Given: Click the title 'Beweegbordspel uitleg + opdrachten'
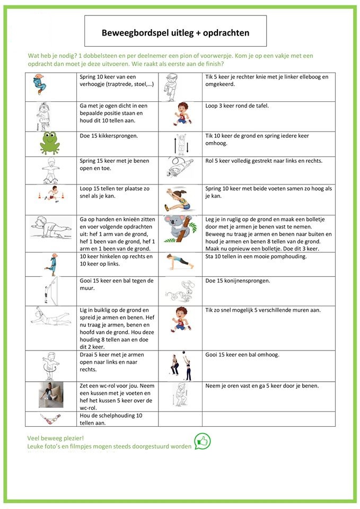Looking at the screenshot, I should (175, 32).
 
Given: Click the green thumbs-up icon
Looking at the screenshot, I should (202, 441).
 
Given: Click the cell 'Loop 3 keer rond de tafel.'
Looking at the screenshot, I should (237, 106).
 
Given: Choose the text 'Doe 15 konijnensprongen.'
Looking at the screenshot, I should (238, 280).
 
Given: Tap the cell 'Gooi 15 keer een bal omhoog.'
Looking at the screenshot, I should (242, 355).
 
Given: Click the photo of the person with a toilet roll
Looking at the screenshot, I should (51, 395).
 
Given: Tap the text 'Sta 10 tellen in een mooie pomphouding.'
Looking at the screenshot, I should (263, 257).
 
